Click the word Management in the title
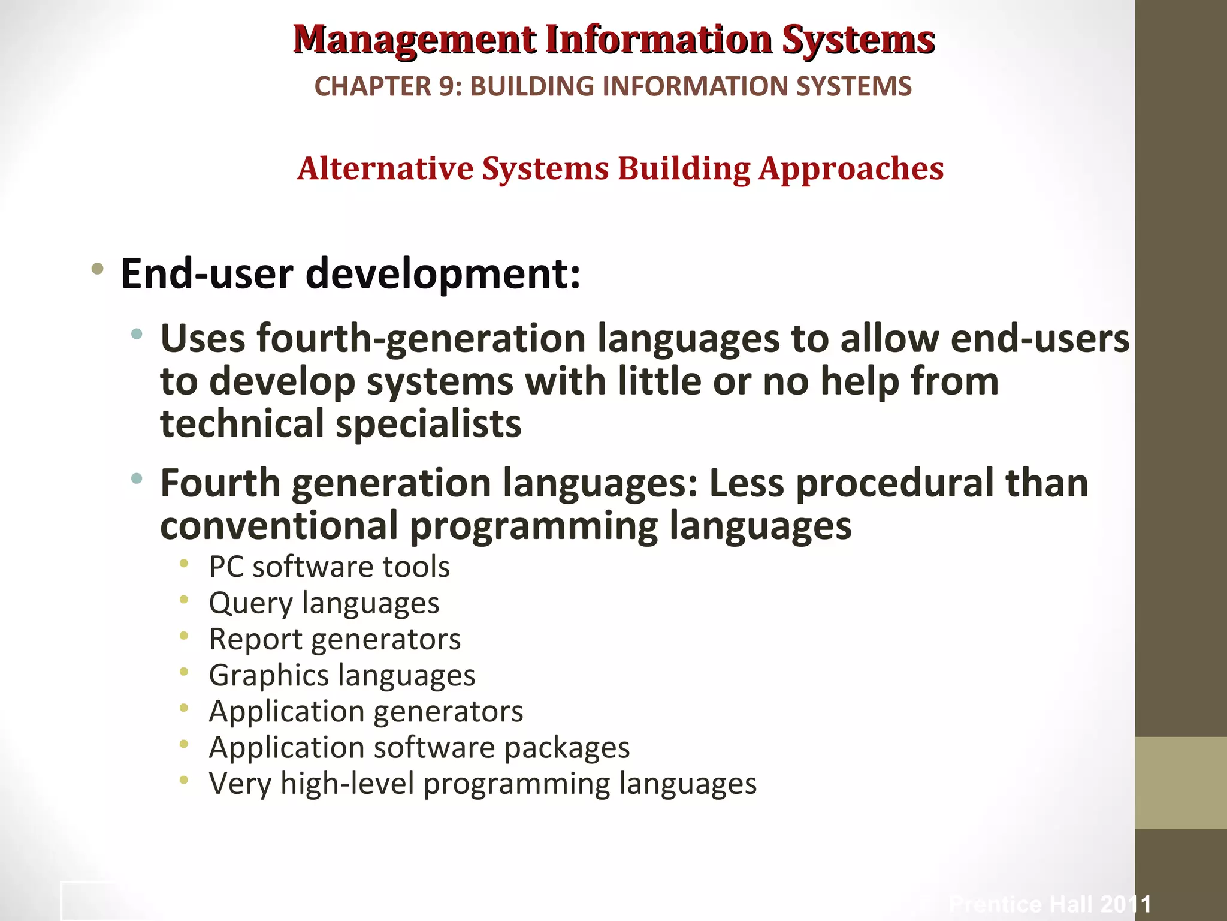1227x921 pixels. (x=415, y=40)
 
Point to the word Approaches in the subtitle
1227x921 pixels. (x=851, y=170)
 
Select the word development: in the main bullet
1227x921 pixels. (x=443, y=274)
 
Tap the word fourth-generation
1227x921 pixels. (x=421, y=339)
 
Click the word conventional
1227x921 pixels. (x=279, y=526)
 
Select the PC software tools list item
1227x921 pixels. (x=329, y=567)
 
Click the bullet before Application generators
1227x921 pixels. (x=184, y=708)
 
